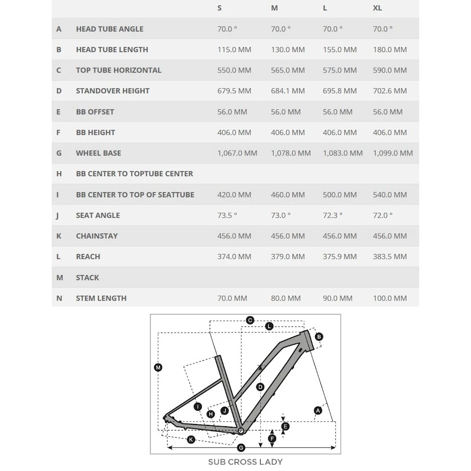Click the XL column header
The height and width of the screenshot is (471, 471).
(377, 8)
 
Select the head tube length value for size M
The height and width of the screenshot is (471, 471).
(288, 49)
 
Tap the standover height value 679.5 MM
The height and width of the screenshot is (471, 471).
(234, 91)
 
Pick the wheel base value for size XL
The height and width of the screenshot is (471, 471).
(393, 153)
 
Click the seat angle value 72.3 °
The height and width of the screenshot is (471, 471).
(333, 215)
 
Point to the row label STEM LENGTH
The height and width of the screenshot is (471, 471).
(101, 298)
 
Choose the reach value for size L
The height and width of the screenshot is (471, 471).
(340, 257)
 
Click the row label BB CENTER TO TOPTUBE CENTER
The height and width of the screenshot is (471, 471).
(134, 174)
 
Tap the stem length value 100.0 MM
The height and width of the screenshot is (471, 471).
(390, 298)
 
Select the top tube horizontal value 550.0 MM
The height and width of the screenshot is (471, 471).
(234, 70)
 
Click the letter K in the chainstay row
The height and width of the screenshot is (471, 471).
(59, 236)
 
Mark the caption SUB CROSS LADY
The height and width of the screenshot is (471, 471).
(245, 462)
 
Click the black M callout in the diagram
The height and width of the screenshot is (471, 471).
(158, 367)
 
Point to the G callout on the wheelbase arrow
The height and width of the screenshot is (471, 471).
(241, 447)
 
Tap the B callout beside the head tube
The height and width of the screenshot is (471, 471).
(319, 337)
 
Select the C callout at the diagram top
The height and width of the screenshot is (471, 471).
(250, 320)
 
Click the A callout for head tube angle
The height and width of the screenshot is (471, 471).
(318, 411)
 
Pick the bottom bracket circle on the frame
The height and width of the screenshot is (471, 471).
(241, 430)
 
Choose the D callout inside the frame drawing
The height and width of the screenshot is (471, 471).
(260, 387)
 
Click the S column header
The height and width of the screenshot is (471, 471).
(219, 8)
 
